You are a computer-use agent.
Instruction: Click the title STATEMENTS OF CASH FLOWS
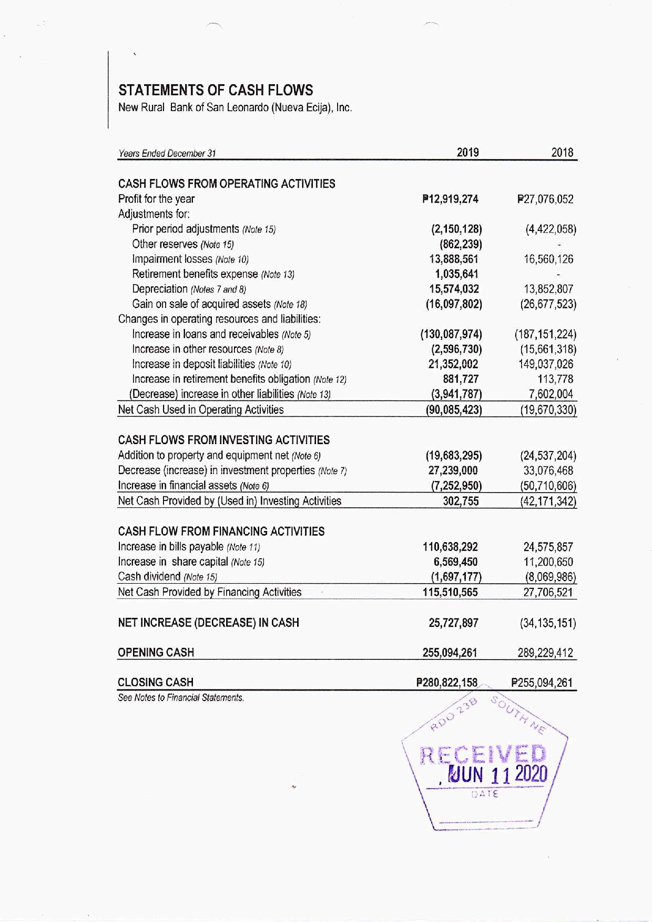216,90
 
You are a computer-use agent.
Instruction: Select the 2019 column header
467,153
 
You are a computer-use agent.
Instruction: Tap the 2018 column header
562,153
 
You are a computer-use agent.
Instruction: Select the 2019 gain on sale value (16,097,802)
454,304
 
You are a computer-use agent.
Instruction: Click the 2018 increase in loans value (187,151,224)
545,334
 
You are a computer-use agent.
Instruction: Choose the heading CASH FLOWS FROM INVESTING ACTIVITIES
224,440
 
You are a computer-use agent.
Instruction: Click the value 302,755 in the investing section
461,501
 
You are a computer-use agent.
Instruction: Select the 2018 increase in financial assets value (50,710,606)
547,486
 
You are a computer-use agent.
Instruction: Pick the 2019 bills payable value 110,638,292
451,547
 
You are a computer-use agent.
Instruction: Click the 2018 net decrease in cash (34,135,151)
547,623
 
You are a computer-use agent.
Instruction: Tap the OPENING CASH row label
156,653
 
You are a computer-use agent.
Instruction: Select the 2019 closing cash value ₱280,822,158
446,683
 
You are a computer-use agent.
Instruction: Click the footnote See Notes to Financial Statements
181,698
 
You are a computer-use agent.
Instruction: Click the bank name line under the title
235,108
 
